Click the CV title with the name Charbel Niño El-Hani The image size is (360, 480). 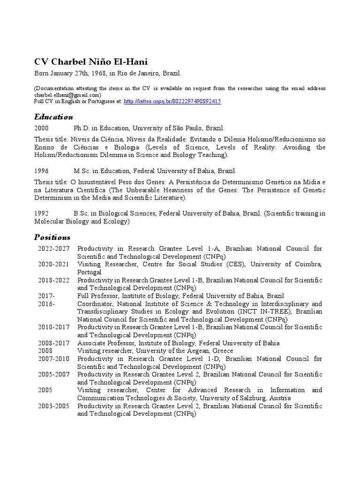click(91, 62)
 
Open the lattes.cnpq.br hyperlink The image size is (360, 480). click(172, 101)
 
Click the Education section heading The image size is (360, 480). click(54, 116)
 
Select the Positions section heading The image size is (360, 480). click(52, 237)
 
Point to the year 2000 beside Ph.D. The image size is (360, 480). click(41, 128)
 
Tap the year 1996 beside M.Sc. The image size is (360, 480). click(41, 171)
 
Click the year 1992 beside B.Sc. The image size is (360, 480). click(41, 213)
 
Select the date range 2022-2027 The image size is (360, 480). click(54, 248)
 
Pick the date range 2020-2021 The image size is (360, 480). click(54, 264)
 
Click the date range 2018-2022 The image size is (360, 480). click(54, 280)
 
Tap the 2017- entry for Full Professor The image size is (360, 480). click(46, 296)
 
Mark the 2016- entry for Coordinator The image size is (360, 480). click(46, 304)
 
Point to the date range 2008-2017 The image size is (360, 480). click(54, 343)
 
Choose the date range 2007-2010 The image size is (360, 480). click(54, 359)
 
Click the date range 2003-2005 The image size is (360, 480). click(54, 406)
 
